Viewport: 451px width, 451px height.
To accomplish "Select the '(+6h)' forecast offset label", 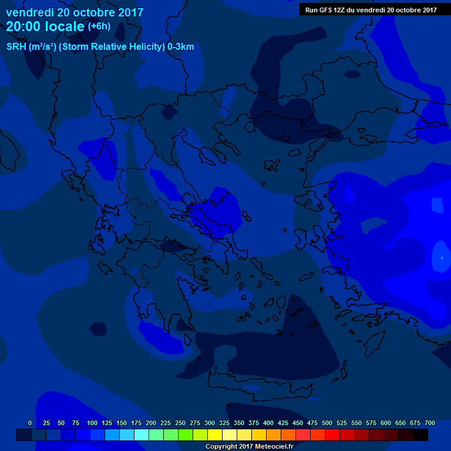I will pyautogui.click(x=99, y=26).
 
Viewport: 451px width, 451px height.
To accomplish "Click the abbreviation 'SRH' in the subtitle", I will pyautogui.click(x=16, y=47).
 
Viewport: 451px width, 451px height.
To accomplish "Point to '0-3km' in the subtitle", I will pyautogui.click(x=181, y=47).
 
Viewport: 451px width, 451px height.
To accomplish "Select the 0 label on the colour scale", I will pyautogui.click(x=30, y=423).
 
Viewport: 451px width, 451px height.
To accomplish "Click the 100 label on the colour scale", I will pyautogui.click(x=92, y=423).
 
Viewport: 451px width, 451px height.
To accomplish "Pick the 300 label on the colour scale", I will pyautogui.click(x=210, y=423).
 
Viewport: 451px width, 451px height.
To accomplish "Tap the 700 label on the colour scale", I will pyautogui.click(x=430, y=423).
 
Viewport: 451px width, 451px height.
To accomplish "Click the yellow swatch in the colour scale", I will pyautogui.click(x=215, y=435).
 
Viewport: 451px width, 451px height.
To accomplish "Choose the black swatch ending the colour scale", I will pyautogui.click(x=420, y=435).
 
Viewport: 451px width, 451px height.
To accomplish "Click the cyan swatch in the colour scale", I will pyautogui.click(x=142, y=435).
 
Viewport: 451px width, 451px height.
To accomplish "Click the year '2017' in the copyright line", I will pyautogui.click(x=242, y=446).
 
